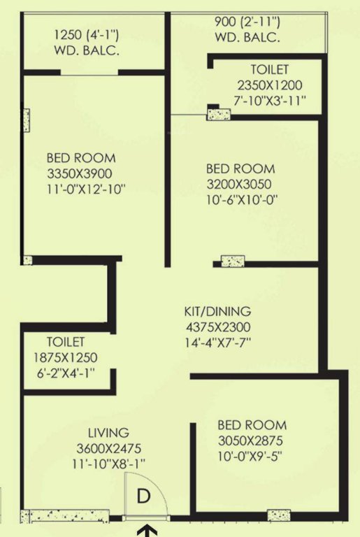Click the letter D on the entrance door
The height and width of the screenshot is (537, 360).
click(143, 496)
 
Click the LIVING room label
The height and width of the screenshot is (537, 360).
click(108, 433)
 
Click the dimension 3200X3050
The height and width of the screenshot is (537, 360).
click(240, 185)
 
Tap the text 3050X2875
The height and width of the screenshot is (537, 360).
click(252, 441)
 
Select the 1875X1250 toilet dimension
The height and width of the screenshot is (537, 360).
click(66, 358)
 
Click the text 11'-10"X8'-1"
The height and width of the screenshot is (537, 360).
click(108, 464)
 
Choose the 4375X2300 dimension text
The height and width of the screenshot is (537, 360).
click(217, 327)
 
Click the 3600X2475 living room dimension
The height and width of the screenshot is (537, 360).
click(108, 448)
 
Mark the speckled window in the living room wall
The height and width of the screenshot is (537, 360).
click(65, 516)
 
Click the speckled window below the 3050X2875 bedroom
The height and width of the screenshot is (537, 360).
click(278, 516)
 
